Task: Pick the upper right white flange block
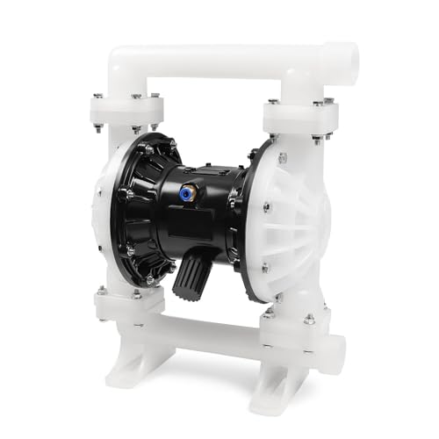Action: pos(298,118)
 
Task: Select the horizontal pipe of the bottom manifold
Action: pos(211,330)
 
